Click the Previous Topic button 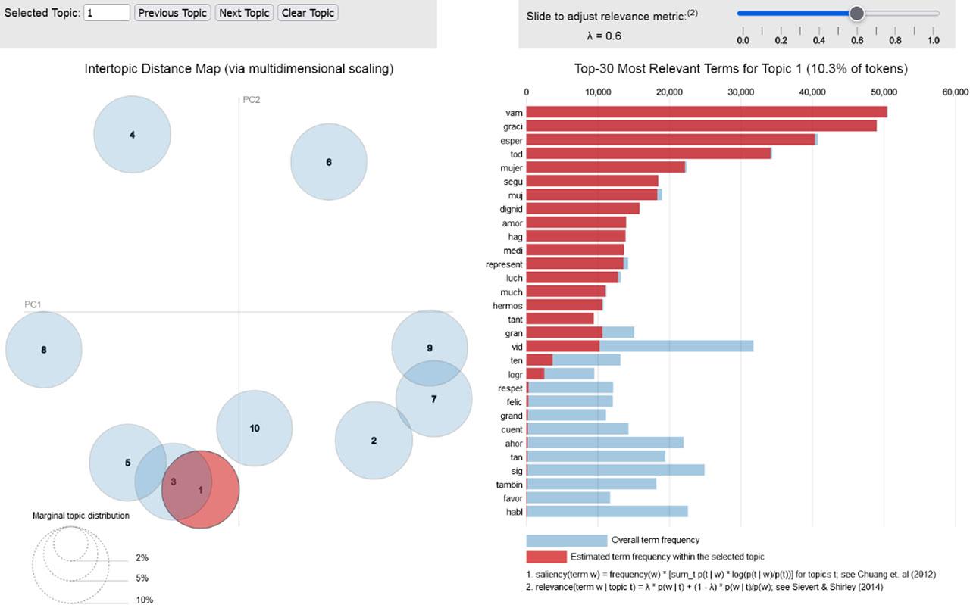pos(173,13)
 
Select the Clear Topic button pos(307,13)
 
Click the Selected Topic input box pos(107,13)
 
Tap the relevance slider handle pos(856,13)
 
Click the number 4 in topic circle pos(132,135)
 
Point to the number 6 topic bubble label pos(328,162)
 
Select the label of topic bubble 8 pos(44,350)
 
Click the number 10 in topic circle pos(255,429)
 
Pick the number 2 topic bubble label pos(374,441)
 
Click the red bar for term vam pos(705,112)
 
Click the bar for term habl pos(606,511)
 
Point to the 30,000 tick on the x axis pos(740,92)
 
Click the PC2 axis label pos(252,100)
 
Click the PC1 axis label pos(33,304)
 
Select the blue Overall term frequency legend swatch pos(566,541)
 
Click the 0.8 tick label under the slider pos(895,40)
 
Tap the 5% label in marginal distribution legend pos(142,578)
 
